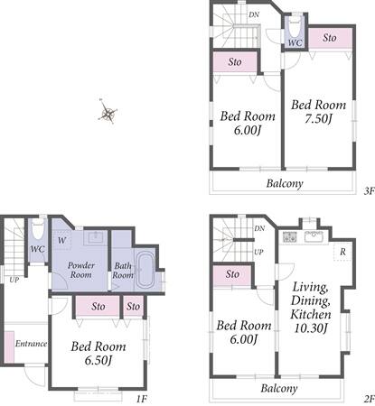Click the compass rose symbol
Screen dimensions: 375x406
point(108,113)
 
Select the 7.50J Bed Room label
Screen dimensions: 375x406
point(318,112)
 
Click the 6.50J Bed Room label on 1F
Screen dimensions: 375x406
point(98,354)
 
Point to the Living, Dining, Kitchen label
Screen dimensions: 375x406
point(311,307)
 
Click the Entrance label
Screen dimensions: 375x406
point(31,344)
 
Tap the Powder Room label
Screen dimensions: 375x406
point(80,270)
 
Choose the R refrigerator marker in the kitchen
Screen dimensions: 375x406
point(342,252)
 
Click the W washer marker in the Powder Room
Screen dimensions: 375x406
point(61,240)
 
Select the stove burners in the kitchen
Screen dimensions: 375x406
point(290,236)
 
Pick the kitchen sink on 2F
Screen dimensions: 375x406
point(314,236)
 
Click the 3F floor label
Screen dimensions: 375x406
point(369,191)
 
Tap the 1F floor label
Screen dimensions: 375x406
point(142,399)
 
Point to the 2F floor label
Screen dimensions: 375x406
point(369,399)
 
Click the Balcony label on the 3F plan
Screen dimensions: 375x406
point(285,183)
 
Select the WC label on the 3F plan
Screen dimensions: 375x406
point(295,42)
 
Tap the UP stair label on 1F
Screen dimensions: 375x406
point(14,280)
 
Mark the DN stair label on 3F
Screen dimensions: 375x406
point(254,14)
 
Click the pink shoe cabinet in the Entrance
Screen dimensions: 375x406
point(9,346)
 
